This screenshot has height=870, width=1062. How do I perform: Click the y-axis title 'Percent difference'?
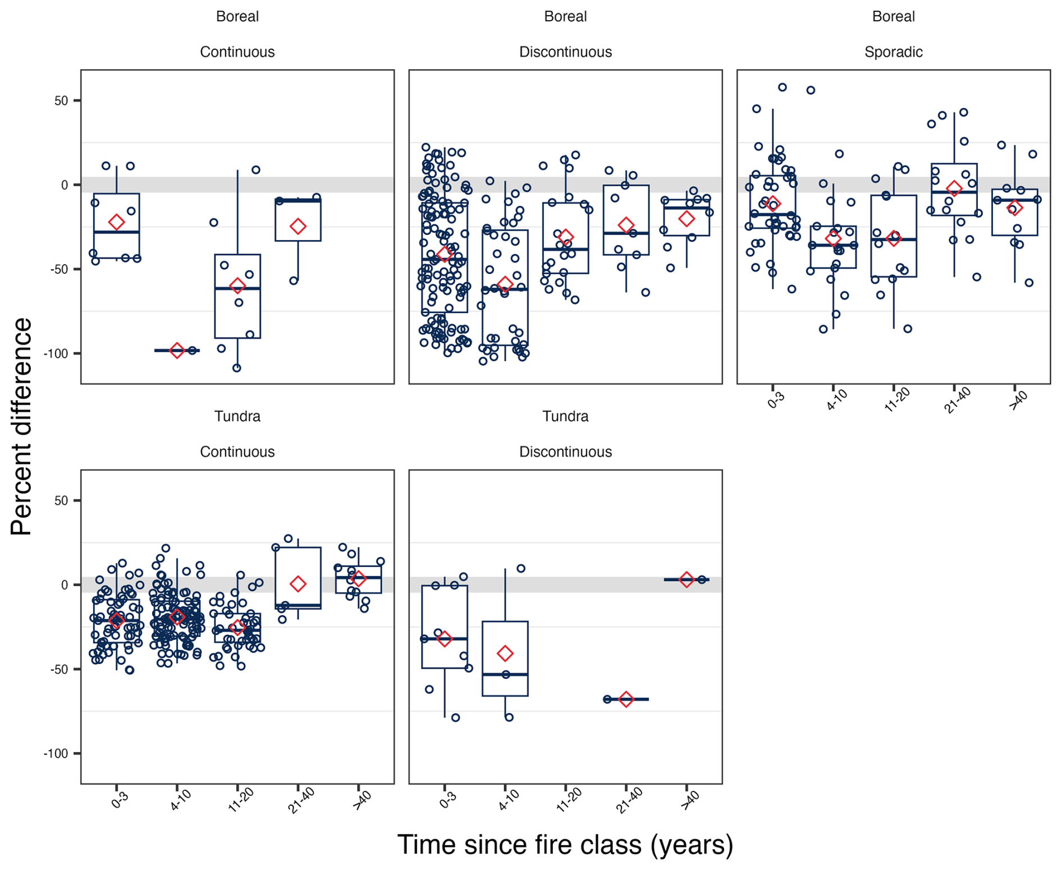pyautogui.click(x=21, y=426)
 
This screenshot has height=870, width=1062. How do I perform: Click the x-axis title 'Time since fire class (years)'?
pyautogui.click(x=565, y=844)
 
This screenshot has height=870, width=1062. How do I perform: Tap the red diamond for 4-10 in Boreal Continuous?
pyautogui.click(x=177, y=351)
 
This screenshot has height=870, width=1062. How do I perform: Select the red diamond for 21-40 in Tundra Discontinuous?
pyautogui.click(x=626, y=699)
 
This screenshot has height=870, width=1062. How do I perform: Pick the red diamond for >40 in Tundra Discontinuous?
pyautogui.click(x=686, y=579)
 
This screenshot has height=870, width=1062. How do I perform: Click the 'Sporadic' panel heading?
pyautogui.click(x=893, y=52)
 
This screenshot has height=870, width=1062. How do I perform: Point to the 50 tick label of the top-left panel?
pyautogui.click(x=61, y=101)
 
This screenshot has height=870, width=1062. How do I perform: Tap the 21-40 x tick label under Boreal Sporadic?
pyautogui.click(x=956, y=402)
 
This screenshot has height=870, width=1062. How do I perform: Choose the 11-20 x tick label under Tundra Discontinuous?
pyautogui.click(x=568, y=801)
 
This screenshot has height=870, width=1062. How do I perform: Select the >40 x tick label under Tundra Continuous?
pyautogui.click(x=361, y=800)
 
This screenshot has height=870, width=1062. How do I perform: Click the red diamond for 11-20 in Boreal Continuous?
pyautogui.click(x=237, y=286)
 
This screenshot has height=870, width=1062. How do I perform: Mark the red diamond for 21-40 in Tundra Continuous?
pyautogui.click(x=298, y=584)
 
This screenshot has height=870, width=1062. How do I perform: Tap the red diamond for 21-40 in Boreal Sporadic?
pyautogui.click(x=954, y=188)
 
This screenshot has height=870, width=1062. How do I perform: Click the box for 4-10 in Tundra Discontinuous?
pyautogui.click(x=505, y=659)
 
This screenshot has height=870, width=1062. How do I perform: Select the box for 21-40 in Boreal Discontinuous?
pyautogui.click(x=626, y=220)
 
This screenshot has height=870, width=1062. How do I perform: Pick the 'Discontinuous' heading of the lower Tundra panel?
pyautogui.click(x=565, y=452)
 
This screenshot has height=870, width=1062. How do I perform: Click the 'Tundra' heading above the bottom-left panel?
pyautogui.click(x=237, y=416)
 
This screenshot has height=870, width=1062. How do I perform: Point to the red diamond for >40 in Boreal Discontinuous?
pyautogui.click(x=686, y=219)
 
